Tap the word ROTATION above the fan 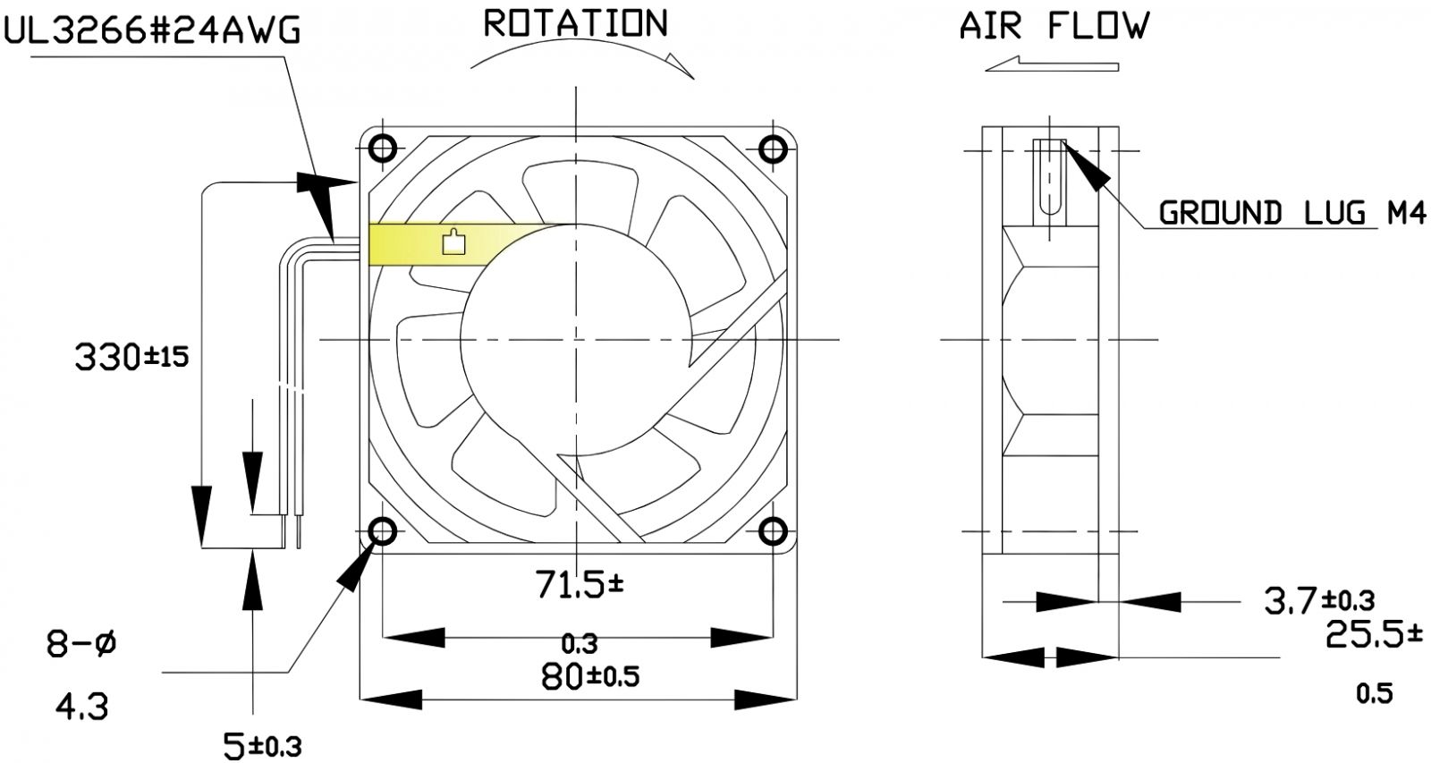coord(575,24)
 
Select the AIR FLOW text coord(1054,27)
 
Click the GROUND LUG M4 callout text coord(1291,213)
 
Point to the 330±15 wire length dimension coord(132,358)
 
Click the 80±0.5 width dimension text coord(590,676)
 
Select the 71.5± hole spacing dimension coord(580,585)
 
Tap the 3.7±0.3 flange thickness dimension coord(1318,600)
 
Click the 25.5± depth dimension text coord(1373,635)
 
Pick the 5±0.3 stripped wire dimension coord(262,744)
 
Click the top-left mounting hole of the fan coord(383,148)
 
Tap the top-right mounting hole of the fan coord(772,148)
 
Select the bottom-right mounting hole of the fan coord(772,533)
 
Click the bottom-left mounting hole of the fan coord(383,533)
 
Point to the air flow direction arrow coord(1051,64)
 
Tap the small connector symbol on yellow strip coord(454,242)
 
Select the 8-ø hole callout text coord(81,644)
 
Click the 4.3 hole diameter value coord(81,708)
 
